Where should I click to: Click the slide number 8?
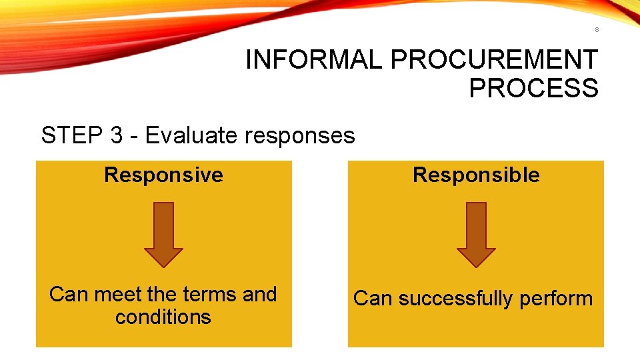597,29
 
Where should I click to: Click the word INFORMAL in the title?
315,60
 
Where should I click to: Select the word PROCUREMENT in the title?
493,60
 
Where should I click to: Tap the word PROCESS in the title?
533,88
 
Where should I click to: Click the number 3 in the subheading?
116,136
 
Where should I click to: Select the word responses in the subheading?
300,136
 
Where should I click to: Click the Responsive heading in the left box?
163,175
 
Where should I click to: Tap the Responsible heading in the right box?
476,175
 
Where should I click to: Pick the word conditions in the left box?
163,317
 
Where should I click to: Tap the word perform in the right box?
556,299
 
